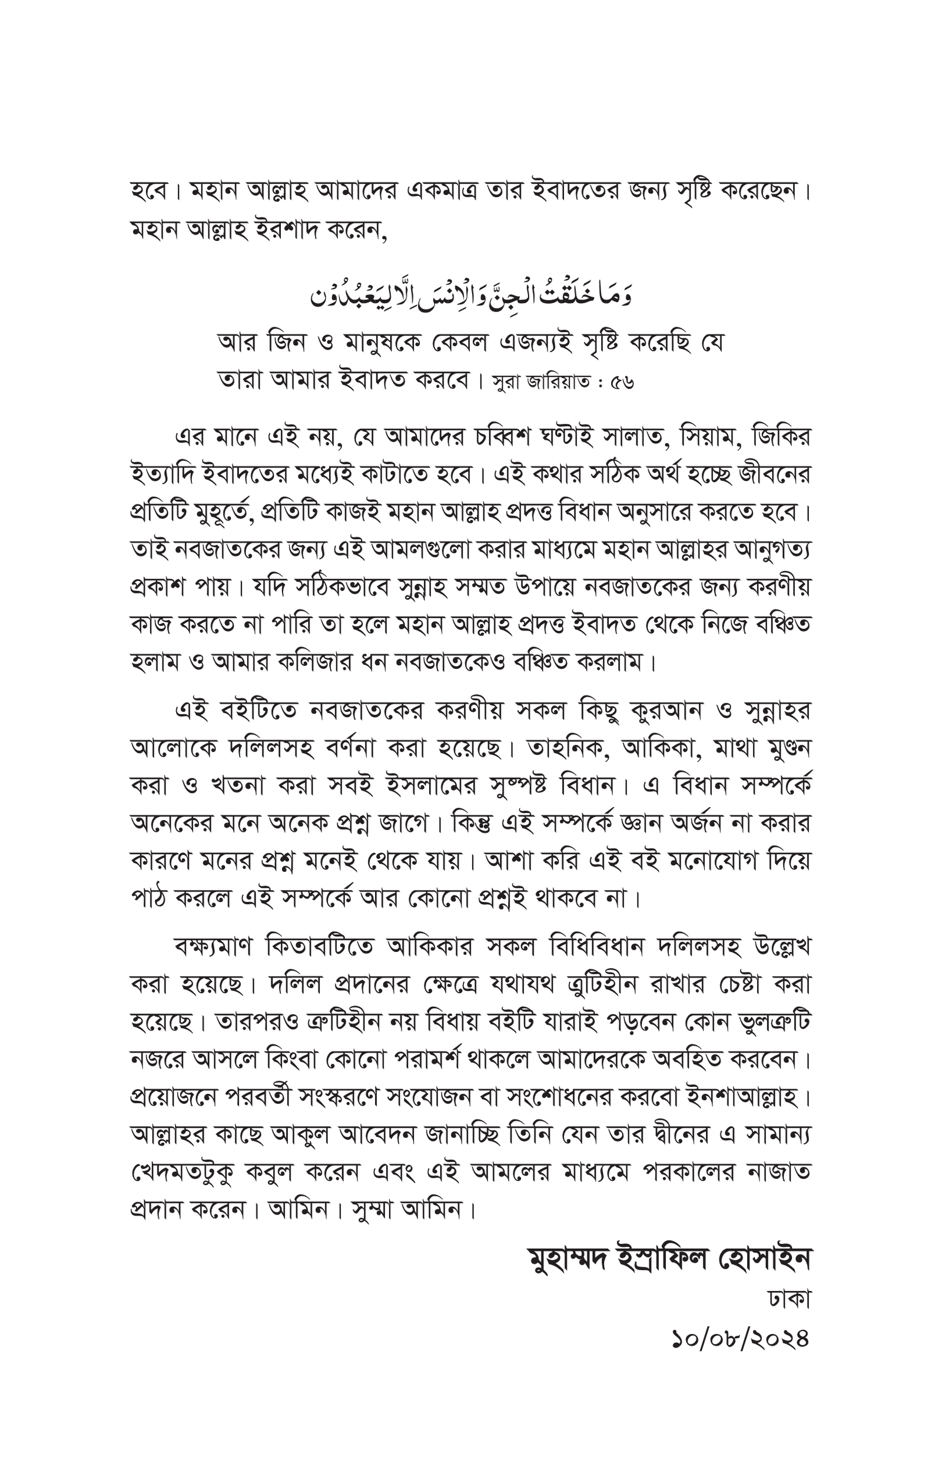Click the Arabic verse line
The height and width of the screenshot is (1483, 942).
click(x=472, y=294)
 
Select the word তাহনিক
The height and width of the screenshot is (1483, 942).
click(x=570, y=748)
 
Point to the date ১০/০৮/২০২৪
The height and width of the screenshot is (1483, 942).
click(x=740, y=1338)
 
